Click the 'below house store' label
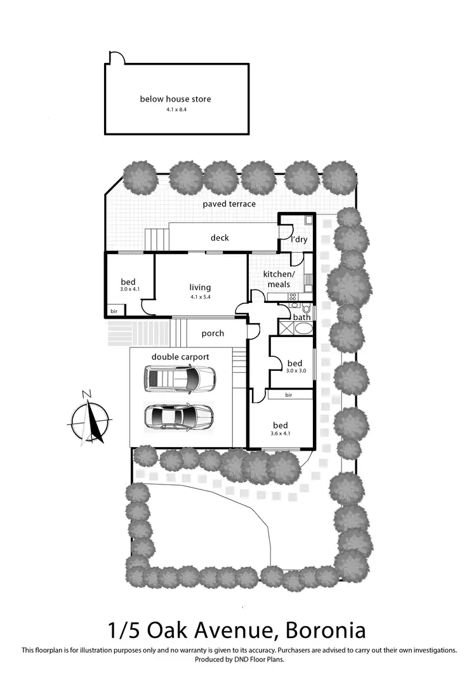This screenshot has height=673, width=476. point(175,99)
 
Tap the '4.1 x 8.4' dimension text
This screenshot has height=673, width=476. point(175,109)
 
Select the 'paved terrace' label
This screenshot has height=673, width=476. point(229,204)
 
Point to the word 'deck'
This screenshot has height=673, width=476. point(220,237)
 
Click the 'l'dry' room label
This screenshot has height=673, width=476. point(298,240)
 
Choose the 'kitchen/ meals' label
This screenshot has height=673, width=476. point(279,279)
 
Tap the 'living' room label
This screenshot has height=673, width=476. point(200,287)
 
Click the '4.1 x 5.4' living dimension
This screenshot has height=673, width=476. point(200,297)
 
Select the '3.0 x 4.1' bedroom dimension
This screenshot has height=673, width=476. point(129,290)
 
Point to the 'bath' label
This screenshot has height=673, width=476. point(301,317)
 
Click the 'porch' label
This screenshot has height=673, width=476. point(213,333)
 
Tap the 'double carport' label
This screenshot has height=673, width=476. point(180,357)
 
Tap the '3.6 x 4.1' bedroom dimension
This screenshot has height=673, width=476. point(280,434)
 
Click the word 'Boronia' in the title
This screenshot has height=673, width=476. point(326,630)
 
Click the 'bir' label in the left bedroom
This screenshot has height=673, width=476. point(114,312)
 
